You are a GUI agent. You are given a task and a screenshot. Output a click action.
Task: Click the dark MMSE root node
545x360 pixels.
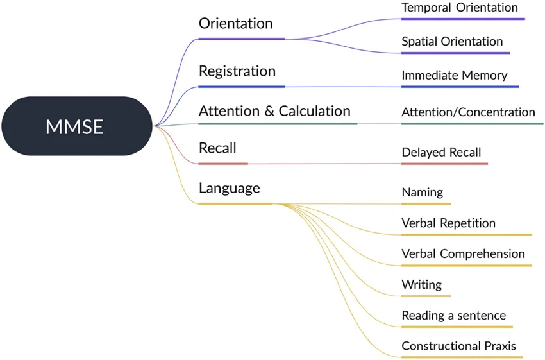74,126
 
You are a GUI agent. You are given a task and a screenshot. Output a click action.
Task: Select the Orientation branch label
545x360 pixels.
235,24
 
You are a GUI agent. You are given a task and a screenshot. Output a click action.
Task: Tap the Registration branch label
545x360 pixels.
237,71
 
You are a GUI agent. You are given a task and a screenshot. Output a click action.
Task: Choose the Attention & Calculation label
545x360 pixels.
274,111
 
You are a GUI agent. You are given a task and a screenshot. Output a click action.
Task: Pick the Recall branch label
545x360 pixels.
217,148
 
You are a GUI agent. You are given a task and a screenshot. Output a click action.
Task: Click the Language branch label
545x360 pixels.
229,188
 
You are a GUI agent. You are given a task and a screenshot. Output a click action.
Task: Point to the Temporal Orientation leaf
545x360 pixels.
459,8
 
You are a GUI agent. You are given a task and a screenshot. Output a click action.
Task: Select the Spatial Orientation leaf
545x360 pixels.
452,42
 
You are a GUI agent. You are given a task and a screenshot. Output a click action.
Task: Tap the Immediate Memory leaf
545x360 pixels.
454,76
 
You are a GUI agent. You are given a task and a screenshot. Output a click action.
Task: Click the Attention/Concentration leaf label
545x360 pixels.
468,112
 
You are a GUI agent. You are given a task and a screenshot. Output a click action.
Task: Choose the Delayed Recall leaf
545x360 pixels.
441,153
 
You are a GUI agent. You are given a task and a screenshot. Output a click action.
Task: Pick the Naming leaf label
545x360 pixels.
422,192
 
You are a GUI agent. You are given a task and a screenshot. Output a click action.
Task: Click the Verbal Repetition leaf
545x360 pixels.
448,223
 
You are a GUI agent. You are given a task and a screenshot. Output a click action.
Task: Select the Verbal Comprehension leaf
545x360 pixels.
463,253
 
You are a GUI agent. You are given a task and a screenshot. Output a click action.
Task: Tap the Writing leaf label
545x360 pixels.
421,284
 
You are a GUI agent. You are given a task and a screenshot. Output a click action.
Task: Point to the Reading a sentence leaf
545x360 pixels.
453,316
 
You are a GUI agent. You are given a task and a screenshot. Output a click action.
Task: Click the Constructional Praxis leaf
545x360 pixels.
458,347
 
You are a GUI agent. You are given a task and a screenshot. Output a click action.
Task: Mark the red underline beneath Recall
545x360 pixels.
222,164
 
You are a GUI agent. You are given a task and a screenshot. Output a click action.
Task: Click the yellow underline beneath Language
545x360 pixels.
235,204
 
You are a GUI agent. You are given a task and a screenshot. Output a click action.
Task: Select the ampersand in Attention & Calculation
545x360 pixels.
270,112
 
